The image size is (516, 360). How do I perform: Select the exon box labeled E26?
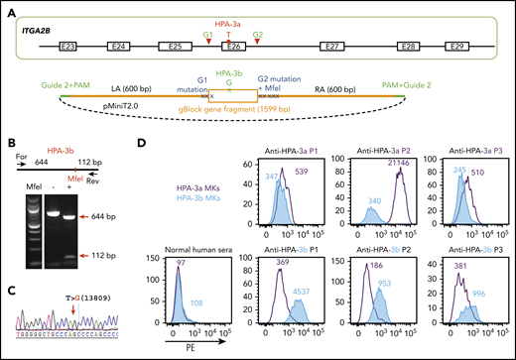coord(234,46)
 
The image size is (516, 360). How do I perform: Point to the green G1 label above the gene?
coord(206,33)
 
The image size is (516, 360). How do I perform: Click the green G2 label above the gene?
coord(258,33)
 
